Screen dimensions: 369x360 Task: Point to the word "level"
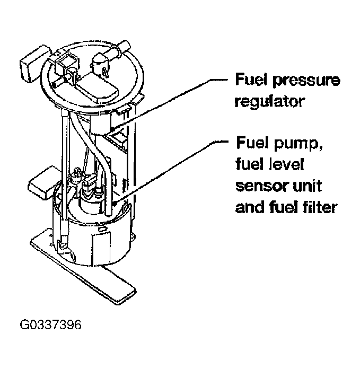coord(284,165)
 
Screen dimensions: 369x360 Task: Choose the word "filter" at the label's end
coord(318,207)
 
